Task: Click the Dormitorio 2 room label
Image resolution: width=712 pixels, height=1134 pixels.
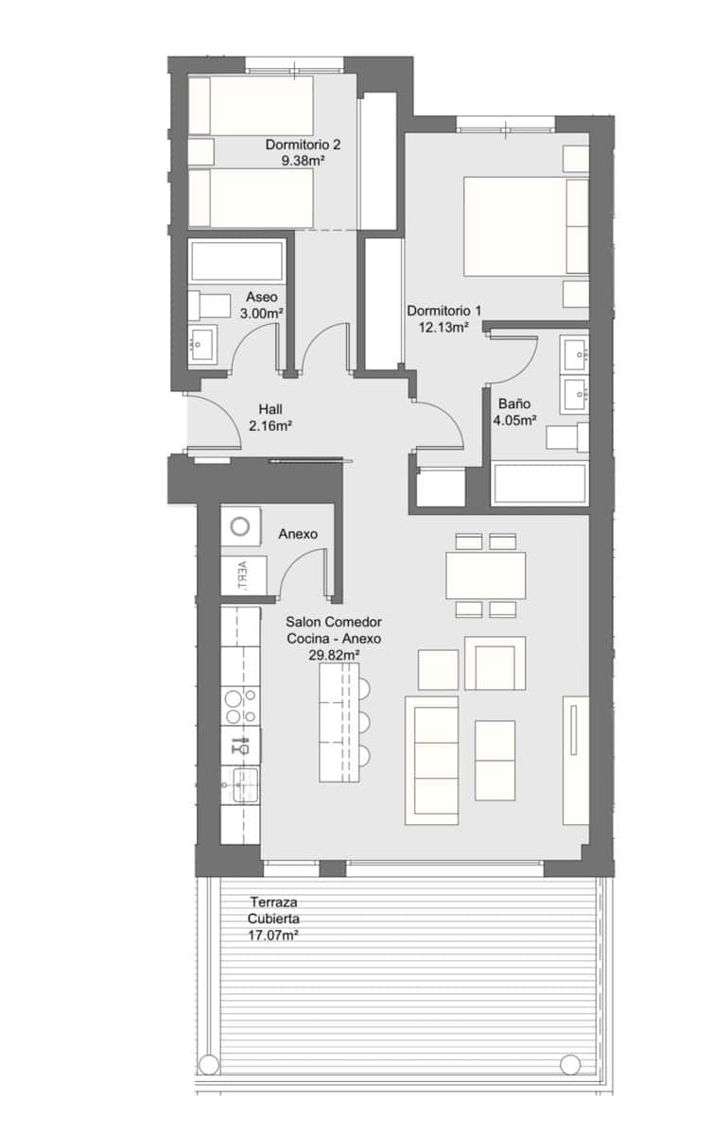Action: pyautogui.click(x=303, y=146)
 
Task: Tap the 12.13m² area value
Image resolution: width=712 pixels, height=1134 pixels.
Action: pyautogui.click(x=443, y=328)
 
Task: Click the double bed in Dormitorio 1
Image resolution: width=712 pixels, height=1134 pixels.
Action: pyautogui.click(x=525, y=226)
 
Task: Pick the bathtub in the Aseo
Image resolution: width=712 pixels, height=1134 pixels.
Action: pyautogui.click(x=237, y=262)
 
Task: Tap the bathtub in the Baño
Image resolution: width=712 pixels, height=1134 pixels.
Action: pyautogui.click(x=540, y=484)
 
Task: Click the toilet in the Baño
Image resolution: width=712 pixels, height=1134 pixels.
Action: pyautogui.click(x=566, y=437)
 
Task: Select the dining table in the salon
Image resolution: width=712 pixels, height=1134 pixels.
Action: pyautogui.click(x=486, y=575)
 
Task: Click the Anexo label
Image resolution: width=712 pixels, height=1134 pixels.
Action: pyautogui.click(x=298, y=534)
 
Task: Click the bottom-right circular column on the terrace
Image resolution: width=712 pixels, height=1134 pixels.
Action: pyautogui.click(x=569, y=1065)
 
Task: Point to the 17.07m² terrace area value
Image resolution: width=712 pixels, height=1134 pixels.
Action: pyautogui.click(x=274, y=936)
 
